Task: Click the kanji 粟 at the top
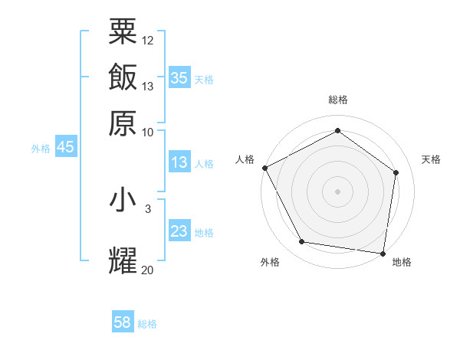tap(123, 31)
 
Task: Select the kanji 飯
tap(123, 77)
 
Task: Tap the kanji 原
tap(123, 123)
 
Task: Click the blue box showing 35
tap(179, 78)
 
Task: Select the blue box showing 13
tap(179, 162)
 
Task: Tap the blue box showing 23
tap(179, 231)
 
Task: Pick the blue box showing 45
tap(65, 147)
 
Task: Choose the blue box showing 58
tap(123, 322)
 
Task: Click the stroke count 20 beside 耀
tap(147, 270)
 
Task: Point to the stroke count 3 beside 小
tap(148, 208)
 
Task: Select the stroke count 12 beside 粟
tap(148, 40)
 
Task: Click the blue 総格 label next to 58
tap(147, 324)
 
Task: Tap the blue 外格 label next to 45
tap(41, 149)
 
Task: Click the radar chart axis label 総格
tap(337, 100)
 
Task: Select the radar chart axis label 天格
tap(431, 159)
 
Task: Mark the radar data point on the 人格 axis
tap(264, 168)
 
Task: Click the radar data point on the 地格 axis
tap(383, 253)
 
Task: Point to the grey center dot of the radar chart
tap(337, 191)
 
